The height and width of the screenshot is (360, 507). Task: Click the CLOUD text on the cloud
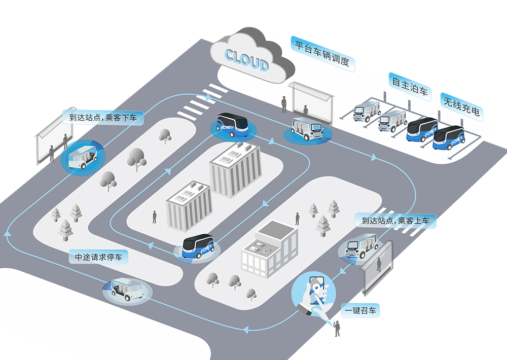pos(246,59)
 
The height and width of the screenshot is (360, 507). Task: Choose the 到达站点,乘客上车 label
pos(395,221)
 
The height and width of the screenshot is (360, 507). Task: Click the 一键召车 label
pos(360,310)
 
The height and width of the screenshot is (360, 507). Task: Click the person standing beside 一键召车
pos(337,328)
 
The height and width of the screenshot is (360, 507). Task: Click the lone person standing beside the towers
pos(154,217)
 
